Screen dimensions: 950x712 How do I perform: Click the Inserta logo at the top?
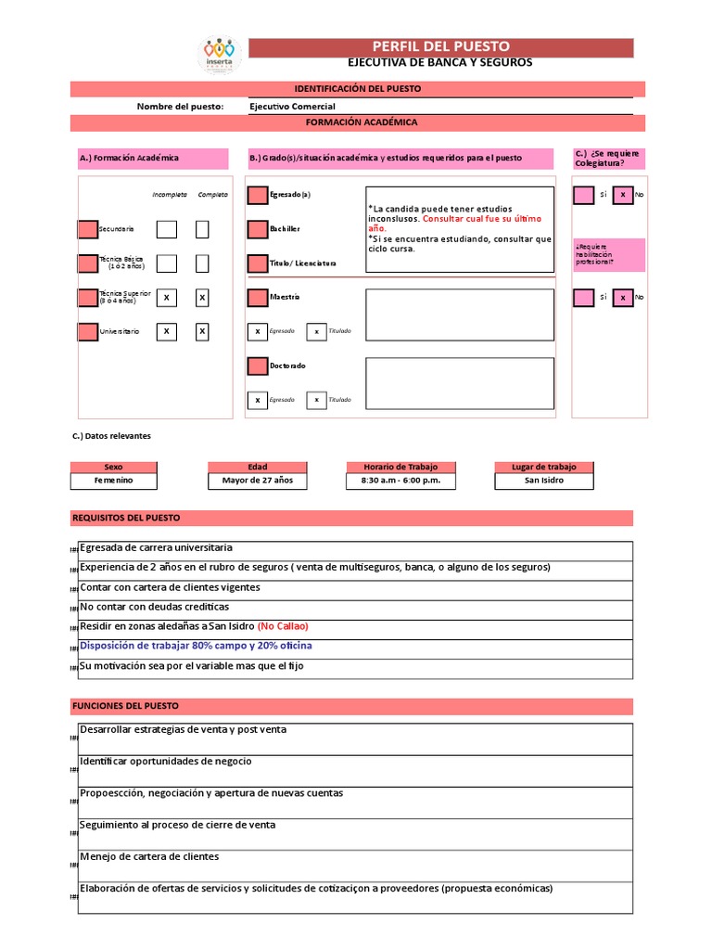tap(221, 54)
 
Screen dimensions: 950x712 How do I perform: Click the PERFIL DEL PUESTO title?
tap(440, 47)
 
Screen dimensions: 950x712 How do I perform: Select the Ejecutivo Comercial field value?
tap(293, 107)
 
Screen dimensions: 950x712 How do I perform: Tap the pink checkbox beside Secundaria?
tap(87, 229)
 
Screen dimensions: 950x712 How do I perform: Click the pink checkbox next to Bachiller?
tap(257, 229)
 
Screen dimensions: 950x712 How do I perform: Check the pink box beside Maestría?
tap(257, 298)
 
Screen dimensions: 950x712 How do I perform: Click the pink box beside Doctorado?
tap(257, 366)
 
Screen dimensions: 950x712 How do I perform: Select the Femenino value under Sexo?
tap(113, 481)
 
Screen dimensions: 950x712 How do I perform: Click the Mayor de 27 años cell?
tap(257, 481)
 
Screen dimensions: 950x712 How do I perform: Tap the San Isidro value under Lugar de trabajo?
tap(543, 481)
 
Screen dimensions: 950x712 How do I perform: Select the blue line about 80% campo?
tap(196, 646)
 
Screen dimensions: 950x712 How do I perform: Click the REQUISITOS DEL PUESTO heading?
tap(126, 518)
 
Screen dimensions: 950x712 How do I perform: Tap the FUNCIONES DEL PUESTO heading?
tap(125, 707)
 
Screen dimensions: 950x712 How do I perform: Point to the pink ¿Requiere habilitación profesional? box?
tap(607, 255)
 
